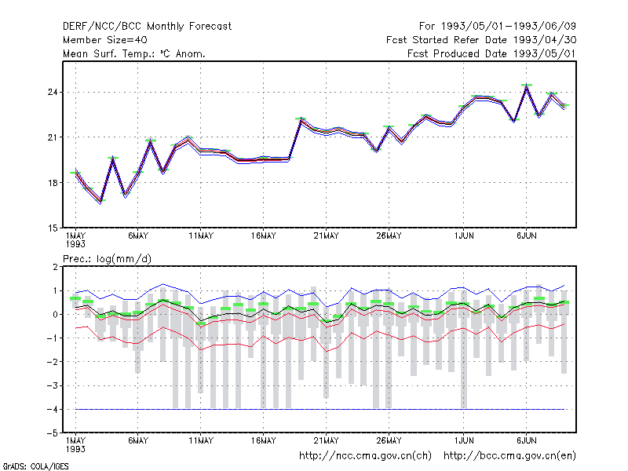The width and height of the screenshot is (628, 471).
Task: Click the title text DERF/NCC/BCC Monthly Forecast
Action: pos(147,27)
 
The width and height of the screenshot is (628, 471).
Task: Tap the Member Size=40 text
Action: pos(105,40)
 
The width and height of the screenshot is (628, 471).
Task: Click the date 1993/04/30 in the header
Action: pos(545,40)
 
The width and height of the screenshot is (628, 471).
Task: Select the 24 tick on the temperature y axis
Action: pos(53,93)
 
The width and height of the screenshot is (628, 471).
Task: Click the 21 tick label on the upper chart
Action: pos(53,137)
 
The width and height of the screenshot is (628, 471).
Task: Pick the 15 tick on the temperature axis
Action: pos(53,228)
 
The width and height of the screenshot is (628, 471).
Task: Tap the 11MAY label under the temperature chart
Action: pos(201,236)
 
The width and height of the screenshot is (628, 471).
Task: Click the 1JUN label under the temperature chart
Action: pos(464,236)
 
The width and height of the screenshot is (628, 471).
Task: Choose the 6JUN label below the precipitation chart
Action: pos(527,440)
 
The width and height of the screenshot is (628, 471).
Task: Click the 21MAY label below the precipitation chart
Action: pos(326,440)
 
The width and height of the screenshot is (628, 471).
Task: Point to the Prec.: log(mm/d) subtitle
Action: pos(107,259)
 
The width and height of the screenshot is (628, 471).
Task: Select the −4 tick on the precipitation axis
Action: pos(53,410)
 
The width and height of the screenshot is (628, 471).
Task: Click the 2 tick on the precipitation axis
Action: pos(55,267)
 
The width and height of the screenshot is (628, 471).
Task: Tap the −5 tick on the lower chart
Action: pos(53,433)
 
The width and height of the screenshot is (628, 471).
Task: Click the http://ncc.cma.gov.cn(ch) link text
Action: pos(365,456)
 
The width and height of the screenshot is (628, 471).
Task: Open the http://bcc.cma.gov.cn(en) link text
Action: pos(509,456)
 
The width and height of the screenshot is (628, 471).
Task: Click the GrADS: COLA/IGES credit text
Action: pos(35,466)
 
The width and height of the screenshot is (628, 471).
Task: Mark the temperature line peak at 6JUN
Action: pos(527,86)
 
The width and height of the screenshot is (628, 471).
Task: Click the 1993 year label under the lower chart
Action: pos(75,449)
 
